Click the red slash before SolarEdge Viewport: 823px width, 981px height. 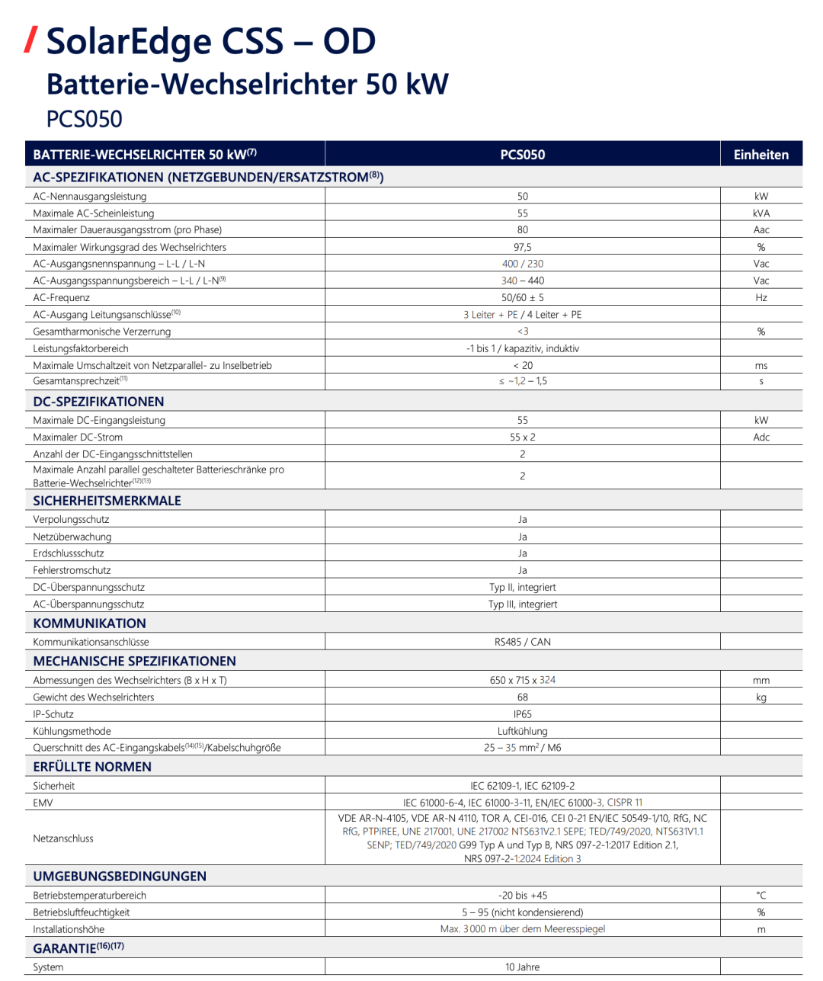[x=30, y=40]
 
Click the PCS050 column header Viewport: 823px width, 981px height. [x=523, y=155]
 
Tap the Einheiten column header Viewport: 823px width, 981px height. [x=761, y=155]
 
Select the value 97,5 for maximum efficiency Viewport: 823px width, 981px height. [x=523, y=247]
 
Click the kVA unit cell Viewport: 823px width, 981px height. [x=761, y=213]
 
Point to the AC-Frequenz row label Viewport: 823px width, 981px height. [x=61, y=298]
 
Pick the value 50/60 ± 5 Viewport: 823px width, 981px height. [x=523, y=298]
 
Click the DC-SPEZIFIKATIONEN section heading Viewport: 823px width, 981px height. [x=98, y=402]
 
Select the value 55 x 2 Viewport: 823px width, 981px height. [x=523, y=438]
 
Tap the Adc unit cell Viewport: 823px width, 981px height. [x=761, y=438]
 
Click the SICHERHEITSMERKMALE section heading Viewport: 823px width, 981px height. [x=107, y=501]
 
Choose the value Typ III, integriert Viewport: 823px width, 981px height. [x=523, y=604]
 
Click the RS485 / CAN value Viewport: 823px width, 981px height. [x=523, y=642]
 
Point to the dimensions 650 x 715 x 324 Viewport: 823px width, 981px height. [x=523, y=680]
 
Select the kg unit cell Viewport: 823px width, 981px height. [x=761, y=697]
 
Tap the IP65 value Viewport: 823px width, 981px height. [x=523, y=714]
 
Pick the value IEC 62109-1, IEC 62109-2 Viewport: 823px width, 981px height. [x=523, y=786]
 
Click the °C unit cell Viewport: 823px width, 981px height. [x=761, y=896]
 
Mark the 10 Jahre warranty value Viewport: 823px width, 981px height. [x=523, y=967]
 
